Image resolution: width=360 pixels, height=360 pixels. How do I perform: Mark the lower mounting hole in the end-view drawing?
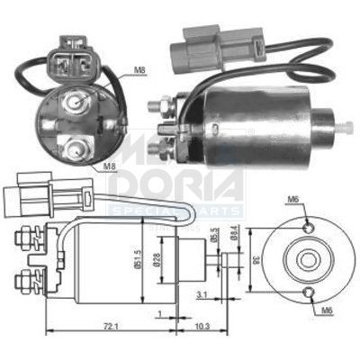309,292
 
